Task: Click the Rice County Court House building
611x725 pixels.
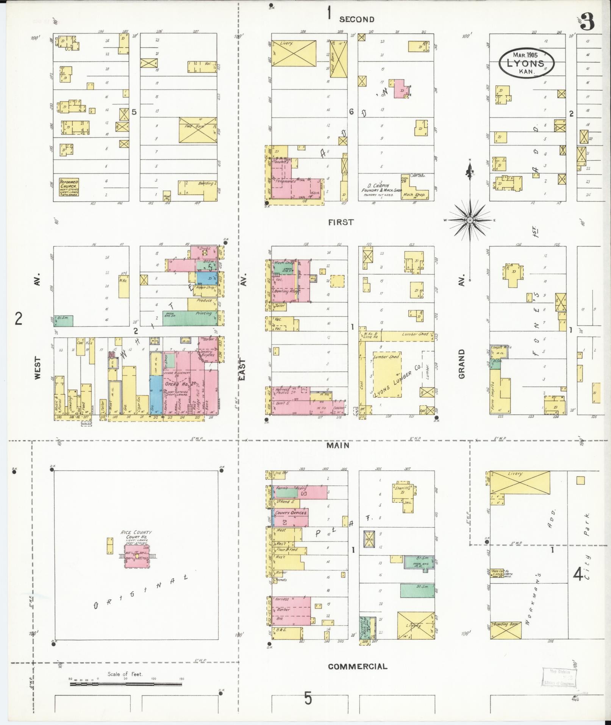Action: click(137, 556)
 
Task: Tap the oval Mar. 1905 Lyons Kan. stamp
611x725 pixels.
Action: click(526, 63)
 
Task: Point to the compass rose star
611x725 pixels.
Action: click(470, 220)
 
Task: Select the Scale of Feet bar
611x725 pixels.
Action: click(126, 684)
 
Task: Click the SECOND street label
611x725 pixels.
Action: click(356, 19)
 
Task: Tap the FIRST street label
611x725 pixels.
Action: click(341, 222)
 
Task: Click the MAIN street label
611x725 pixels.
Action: click(338, 446)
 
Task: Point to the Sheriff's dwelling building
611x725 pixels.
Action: click(403, 493)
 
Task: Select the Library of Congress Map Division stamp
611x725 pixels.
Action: click(559, 677)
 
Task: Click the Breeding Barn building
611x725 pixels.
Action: click(506, 630)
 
